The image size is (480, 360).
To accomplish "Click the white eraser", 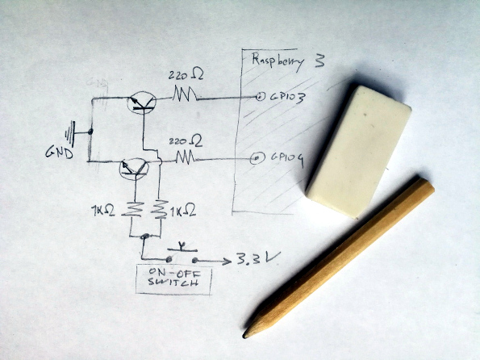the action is [358, 152].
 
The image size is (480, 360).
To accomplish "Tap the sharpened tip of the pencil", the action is [244, 336].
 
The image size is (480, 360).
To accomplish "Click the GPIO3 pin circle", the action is [260, 98].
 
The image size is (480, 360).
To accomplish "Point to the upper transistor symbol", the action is [141, 103].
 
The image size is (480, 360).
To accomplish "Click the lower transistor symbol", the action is [134, 170].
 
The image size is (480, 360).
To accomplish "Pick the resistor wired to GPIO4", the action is [186, 157].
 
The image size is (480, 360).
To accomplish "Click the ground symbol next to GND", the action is [71, 133].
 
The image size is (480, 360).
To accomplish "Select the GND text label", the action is [60, 152].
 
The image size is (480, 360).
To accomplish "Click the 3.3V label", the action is [258, 259].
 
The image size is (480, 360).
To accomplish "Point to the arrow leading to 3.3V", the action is [212, 261].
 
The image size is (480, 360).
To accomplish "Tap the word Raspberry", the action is [278, 61].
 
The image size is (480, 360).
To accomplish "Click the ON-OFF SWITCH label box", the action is [173, 281].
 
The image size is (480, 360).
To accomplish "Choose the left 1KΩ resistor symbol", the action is [133, 210].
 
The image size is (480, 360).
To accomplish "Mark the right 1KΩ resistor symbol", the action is [159, 209].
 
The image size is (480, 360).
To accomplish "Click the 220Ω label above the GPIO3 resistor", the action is [186, 75].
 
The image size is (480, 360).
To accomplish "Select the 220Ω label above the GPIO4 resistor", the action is [186, 141].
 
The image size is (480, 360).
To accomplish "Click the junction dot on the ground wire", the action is [90, 132].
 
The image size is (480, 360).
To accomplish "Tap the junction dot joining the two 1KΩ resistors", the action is [145, 237].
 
